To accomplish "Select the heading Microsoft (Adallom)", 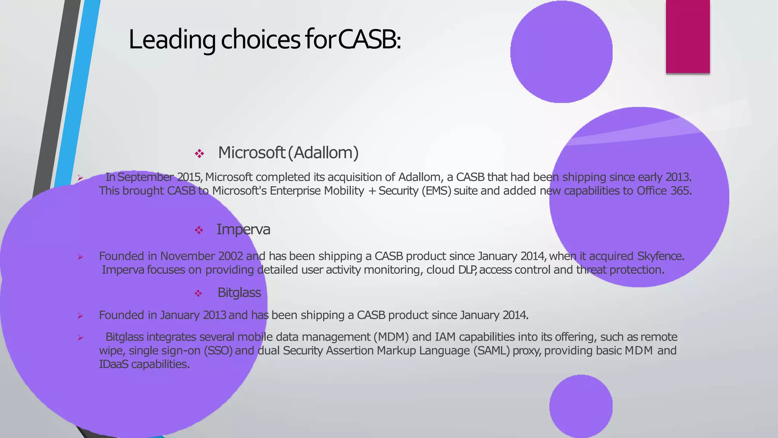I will coord(288,153).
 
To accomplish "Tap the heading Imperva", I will coord(243,229).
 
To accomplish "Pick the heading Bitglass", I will coord(239,293).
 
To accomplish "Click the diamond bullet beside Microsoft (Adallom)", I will coord(199,154).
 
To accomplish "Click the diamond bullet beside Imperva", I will coord(199,230).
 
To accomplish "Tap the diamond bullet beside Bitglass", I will coord(198,294).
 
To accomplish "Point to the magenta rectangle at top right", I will coord(688,36).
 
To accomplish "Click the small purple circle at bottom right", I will coord(581,406).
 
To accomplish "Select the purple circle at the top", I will coord(561,52).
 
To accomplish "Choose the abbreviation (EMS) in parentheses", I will coord(436,191).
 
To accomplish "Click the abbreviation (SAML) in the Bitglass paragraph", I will coord(492,351).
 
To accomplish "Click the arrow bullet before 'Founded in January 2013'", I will coord(80,316).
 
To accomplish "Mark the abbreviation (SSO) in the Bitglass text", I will coord(218,351).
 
